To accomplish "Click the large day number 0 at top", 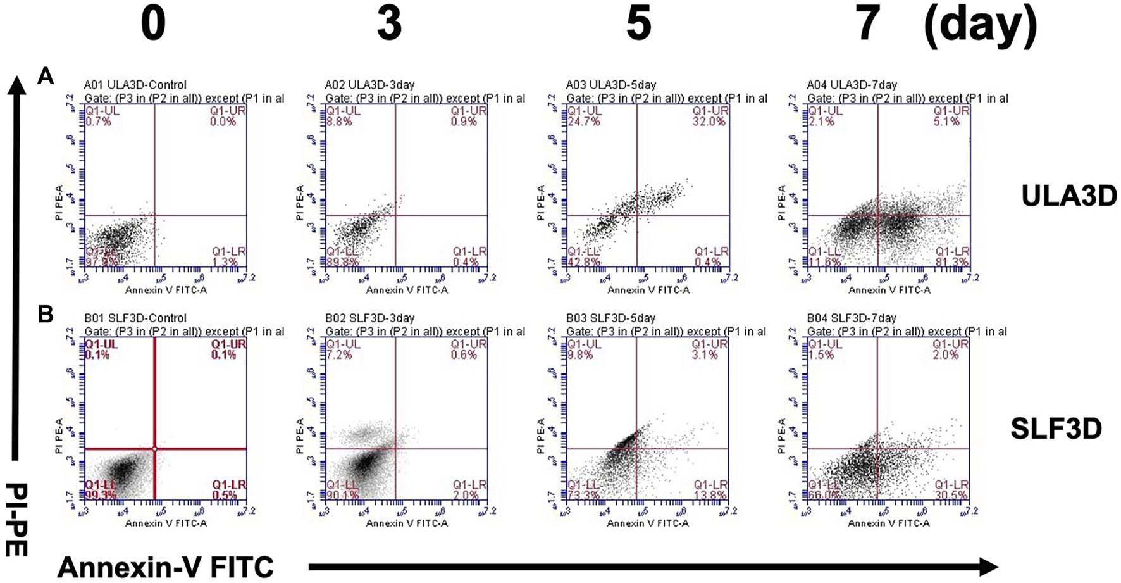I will point(153,24).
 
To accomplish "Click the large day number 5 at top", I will point(638,24).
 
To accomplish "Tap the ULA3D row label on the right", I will point(1068,197).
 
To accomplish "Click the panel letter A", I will point(46,77).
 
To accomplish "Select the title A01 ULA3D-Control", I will point(135,85).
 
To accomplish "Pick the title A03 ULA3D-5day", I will point(611,85).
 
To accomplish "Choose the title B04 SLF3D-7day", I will point(852,318).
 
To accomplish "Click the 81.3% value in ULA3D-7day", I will point(951,262).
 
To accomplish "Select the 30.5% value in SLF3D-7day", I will point(951,495).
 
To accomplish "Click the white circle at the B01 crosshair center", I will point(154,449).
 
